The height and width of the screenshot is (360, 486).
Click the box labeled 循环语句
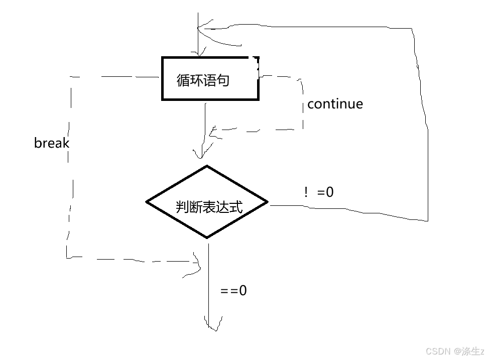[210, 79]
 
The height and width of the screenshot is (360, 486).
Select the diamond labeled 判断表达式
[207, 202]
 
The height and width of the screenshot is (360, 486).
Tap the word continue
[335, 104]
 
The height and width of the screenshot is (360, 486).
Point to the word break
[51, 143]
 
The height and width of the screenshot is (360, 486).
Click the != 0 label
[319, 192]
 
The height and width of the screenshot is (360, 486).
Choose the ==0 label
[233, 290]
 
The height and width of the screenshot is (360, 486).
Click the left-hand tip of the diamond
[147, 202]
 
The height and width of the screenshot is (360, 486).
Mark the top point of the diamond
[207, 166]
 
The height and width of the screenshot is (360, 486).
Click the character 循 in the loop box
[183, 80]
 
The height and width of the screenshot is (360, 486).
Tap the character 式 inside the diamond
[236, 207]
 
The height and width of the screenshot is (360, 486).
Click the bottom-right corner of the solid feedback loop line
[427, 220]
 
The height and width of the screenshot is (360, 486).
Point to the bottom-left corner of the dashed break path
[67, 258]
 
